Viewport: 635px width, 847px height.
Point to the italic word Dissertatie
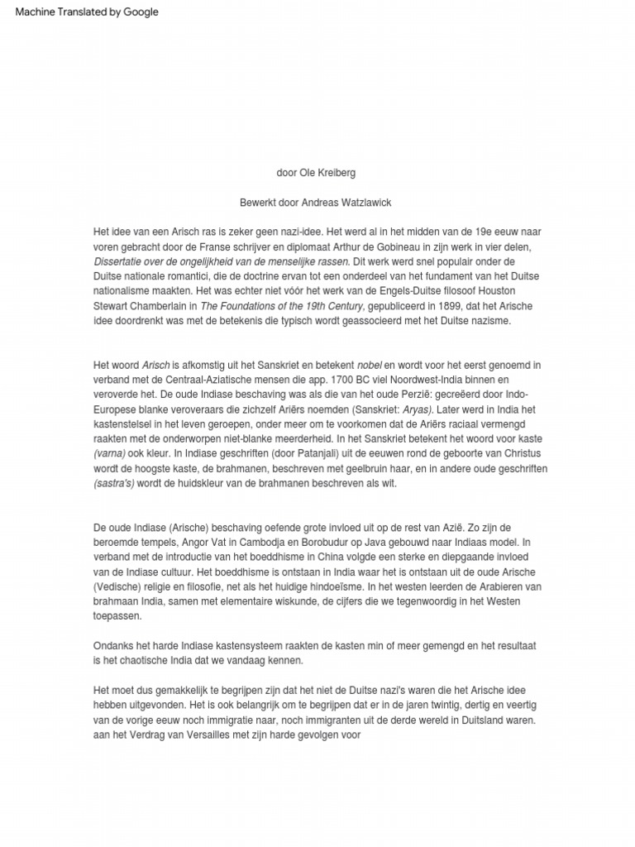click(121, 261)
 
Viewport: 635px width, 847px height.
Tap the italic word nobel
click(370, 365)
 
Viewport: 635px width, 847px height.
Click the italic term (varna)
click(109, 454)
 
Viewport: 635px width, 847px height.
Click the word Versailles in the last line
click(191, 734)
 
